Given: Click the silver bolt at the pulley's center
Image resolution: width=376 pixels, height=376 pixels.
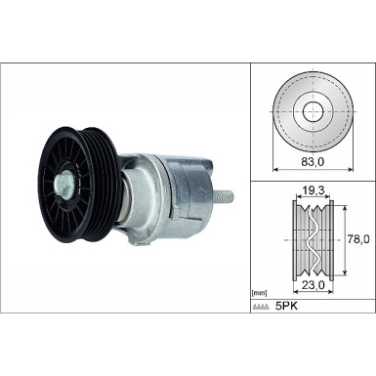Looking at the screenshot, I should [x=63, y=182].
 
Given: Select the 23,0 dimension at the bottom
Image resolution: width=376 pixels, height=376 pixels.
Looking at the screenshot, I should [x=313, y=285].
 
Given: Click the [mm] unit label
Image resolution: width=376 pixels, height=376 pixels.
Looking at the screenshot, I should [x=260, y=292].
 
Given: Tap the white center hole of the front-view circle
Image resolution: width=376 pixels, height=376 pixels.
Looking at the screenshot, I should [x=313, y=109].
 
